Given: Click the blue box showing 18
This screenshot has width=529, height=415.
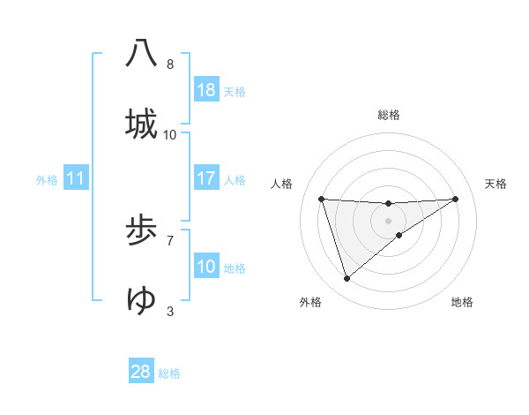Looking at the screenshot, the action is click(x=206, y=90).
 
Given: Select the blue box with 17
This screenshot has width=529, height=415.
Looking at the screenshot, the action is click(x=206, y=178).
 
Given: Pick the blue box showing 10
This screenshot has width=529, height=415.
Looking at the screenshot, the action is click(x=206, y=267).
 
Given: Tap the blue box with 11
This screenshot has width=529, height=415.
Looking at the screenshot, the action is click(x=76, y=178).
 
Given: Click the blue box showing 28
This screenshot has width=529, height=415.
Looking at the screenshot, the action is click(x=141, y=371).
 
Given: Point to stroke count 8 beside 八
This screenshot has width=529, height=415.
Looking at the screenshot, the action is click(x=170, y=64).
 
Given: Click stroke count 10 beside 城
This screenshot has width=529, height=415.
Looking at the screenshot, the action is click(x=170, y=135).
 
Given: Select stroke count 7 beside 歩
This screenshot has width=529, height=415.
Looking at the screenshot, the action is click(x=170, y=239).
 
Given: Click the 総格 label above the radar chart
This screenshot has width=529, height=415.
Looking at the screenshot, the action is click(x=389, y=115).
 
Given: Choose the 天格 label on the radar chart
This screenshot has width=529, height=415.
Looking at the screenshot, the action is click(x=496, y=184).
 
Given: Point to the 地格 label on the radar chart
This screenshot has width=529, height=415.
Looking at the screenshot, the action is click(x=462, y=302).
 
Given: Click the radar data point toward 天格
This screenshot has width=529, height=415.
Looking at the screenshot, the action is click(x=456, y=199).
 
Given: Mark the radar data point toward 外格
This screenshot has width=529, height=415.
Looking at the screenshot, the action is click(x=346, y=279).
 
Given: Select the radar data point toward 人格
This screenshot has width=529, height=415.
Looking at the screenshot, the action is click(x=321, y=199).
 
